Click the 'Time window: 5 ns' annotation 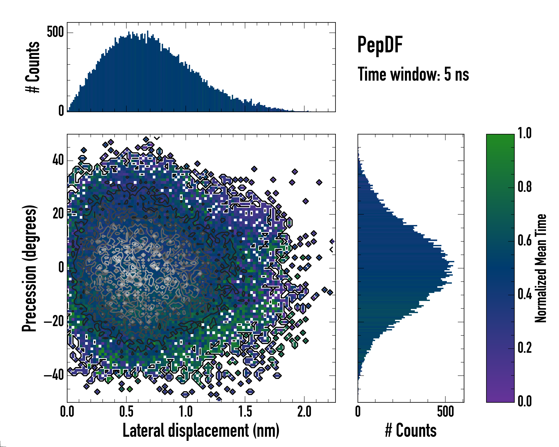pos(413,74)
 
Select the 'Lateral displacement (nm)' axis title pos(201,430)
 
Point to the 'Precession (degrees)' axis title pos(29,268)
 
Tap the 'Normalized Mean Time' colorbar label pos(541,268)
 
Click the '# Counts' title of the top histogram pos(33,67)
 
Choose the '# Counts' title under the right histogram pos(411,430)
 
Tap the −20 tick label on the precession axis pos(54,322)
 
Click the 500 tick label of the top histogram pos(55,32)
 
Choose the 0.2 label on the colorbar pos(525,348)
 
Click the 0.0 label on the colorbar pos(525,401)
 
